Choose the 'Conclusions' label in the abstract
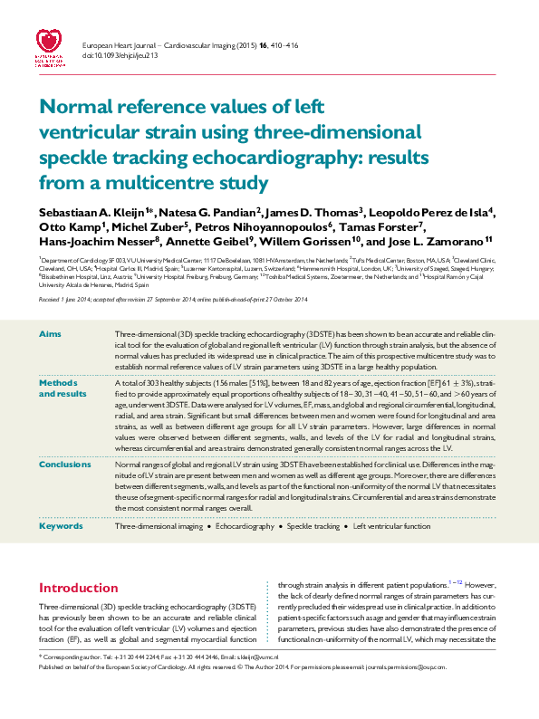tap(63, 464)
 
